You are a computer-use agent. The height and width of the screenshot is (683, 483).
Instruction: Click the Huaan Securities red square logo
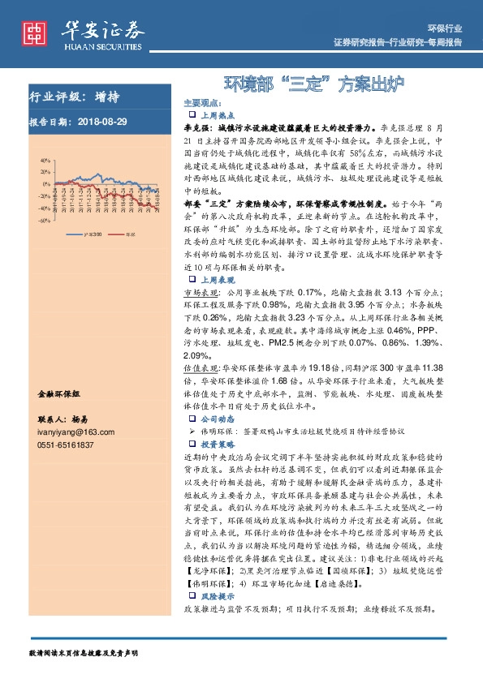(34, 32)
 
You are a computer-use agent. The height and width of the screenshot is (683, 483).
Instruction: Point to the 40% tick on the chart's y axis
(21, 161)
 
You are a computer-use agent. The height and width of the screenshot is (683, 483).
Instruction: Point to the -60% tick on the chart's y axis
(20, 220)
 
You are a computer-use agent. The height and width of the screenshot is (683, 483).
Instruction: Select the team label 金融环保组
(59, 393)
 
